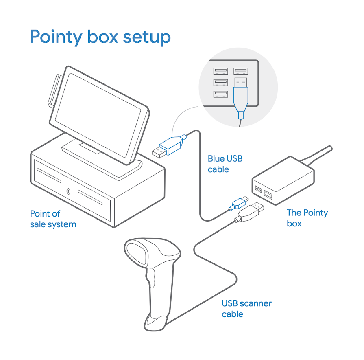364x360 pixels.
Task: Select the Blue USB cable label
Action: click(x=225, y=164)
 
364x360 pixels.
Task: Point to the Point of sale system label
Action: click(x=53, y=219)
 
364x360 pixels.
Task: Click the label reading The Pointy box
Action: click(x=307, y=218)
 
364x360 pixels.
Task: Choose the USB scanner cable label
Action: click(x=246, y=309)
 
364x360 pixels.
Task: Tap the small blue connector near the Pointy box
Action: click(x=240, y=202)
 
